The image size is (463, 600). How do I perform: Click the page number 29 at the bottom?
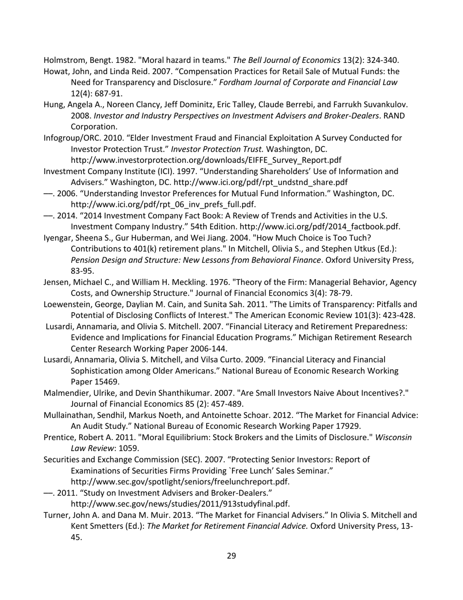(231, 556)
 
